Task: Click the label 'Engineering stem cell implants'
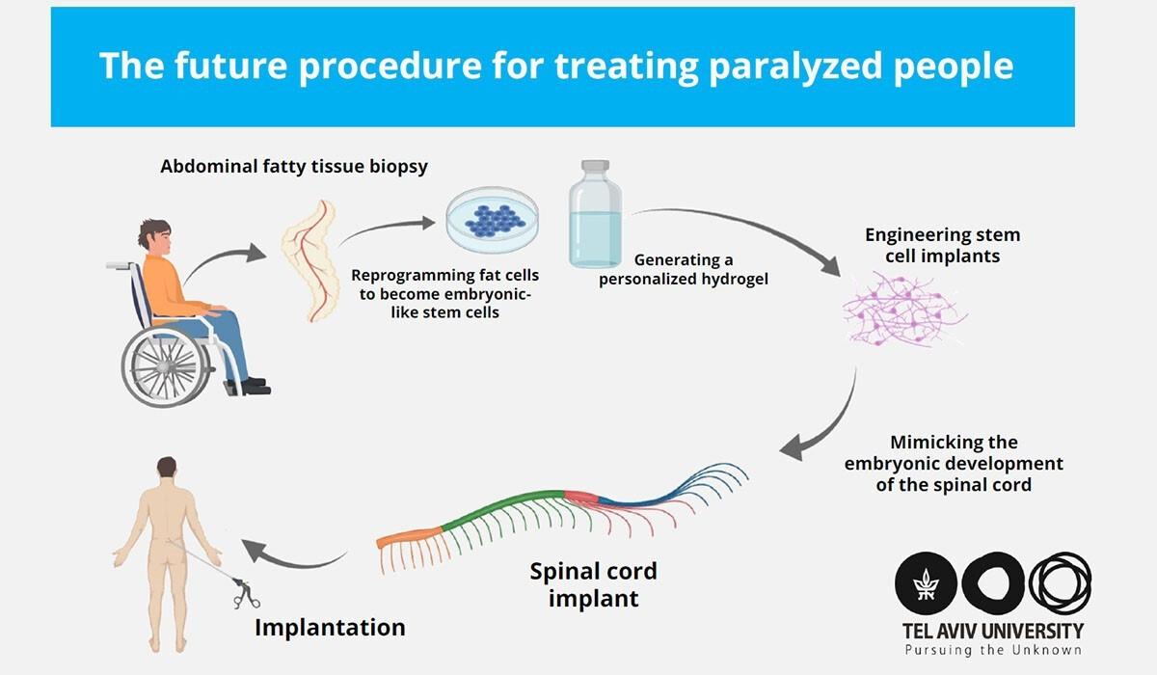coord(942,245)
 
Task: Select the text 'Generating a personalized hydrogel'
coord(683,270)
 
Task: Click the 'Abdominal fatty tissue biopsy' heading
coord(294,167)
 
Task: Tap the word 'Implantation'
coord(330,628)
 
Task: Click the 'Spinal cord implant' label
coord(593,584)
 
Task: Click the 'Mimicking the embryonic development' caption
coord(954,463)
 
